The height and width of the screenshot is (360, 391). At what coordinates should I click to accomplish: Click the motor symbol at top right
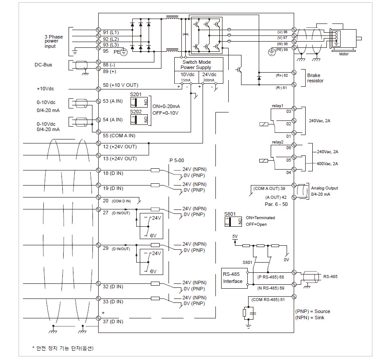[x=345, y=39]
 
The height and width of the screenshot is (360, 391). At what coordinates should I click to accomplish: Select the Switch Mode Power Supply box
[x=196, y=65]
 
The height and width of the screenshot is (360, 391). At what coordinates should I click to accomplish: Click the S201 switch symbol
[x=136, y=102]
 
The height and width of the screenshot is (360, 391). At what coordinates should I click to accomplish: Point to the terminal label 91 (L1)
[x=111, y=32]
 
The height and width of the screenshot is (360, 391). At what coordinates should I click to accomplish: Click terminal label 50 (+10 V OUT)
[x=120, y=85]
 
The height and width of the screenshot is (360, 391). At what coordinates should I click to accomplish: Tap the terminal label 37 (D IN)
[x=113, y=321]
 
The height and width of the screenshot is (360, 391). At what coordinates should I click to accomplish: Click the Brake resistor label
[x=316, y=78]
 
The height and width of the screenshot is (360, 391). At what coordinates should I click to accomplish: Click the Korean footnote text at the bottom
[x=63, y=348]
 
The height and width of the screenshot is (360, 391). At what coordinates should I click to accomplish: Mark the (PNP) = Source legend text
[x=312, y=311]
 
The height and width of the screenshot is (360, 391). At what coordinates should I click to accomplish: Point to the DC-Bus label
[x=43, y=65]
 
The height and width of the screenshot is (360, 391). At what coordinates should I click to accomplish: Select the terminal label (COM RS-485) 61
[x=268, y=300]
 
